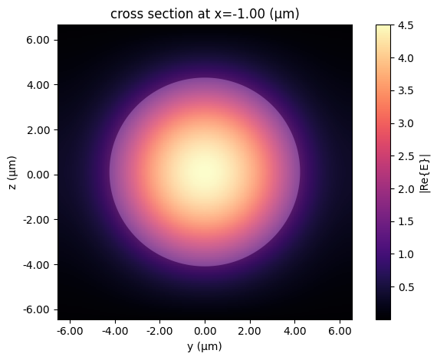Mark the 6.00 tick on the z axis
click(x=39, y=40)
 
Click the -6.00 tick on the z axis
click(x=38, y=309)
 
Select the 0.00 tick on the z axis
click(x=39, y=175)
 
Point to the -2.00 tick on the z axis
click(x=38, y=220)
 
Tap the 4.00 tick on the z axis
click(x=39, y=85)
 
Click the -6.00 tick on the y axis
click(x=69, y=332)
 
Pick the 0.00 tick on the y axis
click(x=205, y=332)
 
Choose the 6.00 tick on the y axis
click(x=340, y=332)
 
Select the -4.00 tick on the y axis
click(x=114, y=332)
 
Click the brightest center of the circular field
click(x=204, y=172)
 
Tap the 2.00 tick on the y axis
click(x=250, y=332)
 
